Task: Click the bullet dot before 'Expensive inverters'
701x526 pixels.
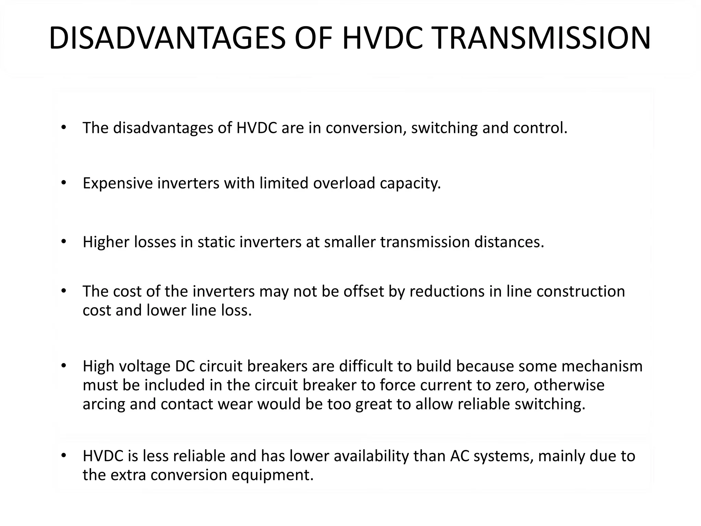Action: [x=63, y=183]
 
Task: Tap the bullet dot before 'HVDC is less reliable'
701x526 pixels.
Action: [x=63, y=456]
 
